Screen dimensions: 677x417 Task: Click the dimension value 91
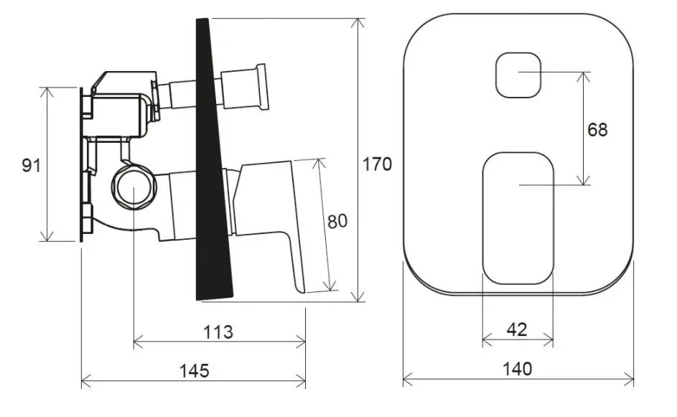pos(32,165)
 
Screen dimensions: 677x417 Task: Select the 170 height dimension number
pos(377,164)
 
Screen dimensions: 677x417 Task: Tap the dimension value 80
pos(337,221)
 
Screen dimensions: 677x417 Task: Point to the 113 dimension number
pos(218,332)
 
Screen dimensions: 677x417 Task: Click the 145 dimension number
pos(195,370)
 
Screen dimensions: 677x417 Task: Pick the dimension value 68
pos(597,129)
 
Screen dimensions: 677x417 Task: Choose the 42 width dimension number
pos(517,330)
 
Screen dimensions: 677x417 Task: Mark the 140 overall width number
pos(517,369)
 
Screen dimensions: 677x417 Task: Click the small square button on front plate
pos(518,75)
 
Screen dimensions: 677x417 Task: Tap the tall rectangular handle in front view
pos(518,218)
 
